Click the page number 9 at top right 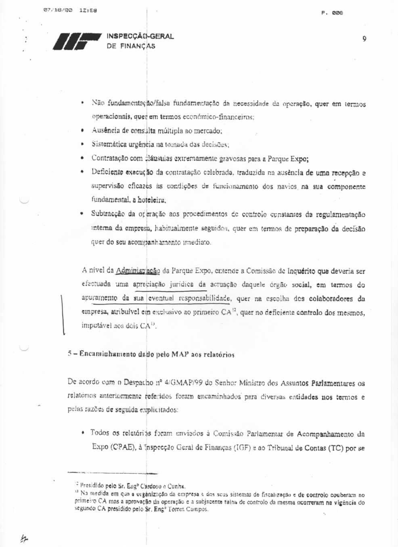pos(364,39)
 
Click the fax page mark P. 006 pos(332,13)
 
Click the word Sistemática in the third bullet pos(109,144)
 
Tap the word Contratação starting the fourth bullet pos(111,158)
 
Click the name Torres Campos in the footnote pos(192,509)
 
